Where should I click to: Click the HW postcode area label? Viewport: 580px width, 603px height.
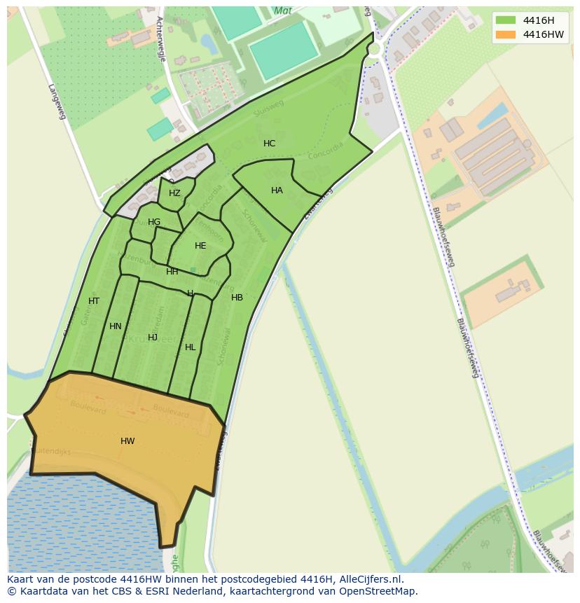(x=127, y=441)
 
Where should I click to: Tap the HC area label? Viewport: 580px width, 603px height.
(x=269, y=144)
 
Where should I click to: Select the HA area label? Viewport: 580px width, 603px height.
(x=277, y=190)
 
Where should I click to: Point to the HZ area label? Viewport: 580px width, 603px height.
(x=174, y=193)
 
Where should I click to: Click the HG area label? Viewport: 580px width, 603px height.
(x=154, y=222)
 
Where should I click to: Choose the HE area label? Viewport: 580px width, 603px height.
(x=200, y=246)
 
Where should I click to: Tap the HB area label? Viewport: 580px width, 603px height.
(x=237, y=298)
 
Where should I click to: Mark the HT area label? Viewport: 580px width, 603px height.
(x=94, y=301)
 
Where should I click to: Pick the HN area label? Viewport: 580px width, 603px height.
(x=116, y=326)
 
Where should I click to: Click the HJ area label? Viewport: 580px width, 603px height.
(x=153, y=338)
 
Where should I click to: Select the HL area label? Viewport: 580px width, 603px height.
(x=191, y=347)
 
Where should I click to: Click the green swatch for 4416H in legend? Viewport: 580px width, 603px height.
(x=505, y=20)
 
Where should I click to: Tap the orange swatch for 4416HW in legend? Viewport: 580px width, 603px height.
(x=505, y=34)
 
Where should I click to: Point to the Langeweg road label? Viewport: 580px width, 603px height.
(x=57, y=102)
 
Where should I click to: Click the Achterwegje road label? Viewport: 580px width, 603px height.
(x=161, y=39)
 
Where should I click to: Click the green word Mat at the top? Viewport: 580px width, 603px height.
(x=283, y=11)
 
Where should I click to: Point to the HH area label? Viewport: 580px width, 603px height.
(x=172, y=272)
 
